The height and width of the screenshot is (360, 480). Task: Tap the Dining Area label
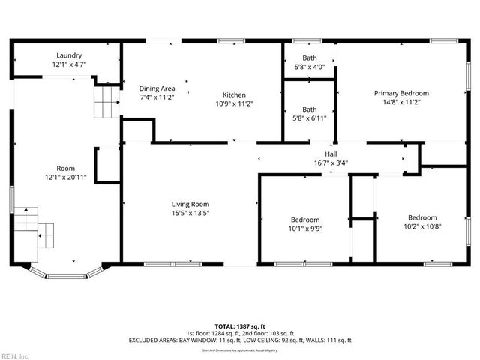tap(157, 88)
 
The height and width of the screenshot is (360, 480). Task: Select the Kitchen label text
tap(234, 94)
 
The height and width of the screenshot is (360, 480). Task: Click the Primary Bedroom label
tap(401, 93)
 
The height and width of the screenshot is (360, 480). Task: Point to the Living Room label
tap(190, 204)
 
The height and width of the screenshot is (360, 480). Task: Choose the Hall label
tap(330, 154)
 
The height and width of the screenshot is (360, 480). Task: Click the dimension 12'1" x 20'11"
tap(66, 177)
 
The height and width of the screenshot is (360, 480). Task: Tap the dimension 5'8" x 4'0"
tap(309, 67)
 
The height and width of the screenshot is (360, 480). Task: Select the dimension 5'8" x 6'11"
tap(309, 118)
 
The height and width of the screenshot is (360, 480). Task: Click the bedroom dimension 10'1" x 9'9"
tap(305, 229)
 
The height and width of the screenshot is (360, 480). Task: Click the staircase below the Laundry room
tap(106, 102)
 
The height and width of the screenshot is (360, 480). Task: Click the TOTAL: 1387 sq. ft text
tap(239, 326)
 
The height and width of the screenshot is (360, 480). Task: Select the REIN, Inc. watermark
tap(14, 355)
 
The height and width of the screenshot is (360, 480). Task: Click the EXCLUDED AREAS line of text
tap(239, 340)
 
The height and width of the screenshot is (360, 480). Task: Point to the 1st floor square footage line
tap(239, 333)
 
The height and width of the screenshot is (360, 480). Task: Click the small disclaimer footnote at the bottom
tap(239, 349)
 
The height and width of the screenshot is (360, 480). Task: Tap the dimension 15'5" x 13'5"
tap(190, 212)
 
